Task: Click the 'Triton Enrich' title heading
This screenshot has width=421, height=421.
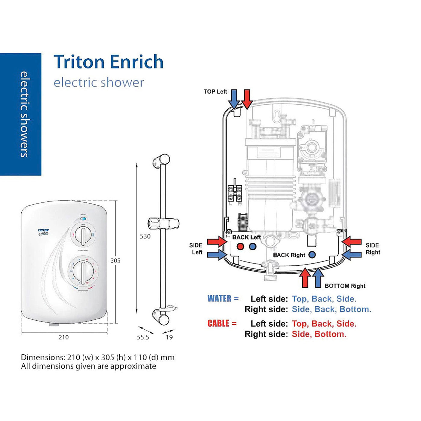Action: [x=108, y=62]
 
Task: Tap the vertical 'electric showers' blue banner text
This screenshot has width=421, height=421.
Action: [x=24, y=114]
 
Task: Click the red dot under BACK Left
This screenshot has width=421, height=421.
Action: [x=240, y=247]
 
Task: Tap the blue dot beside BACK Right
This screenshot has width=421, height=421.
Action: [x=312, y=255]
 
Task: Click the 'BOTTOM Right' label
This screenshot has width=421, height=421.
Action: [x=345, y=286]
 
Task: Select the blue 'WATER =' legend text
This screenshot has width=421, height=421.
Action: [x=223, y=299]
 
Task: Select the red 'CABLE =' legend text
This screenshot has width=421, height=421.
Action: [x=222, y=324]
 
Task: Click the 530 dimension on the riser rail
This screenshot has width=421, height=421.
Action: [x=145, y=236]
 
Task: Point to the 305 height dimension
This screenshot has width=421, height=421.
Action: [x=115, y=261]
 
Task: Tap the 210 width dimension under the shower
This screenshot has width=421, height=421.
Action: [x=63, y=337]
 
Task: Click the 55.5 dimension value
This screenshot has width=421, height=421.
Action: [x=143, y=337]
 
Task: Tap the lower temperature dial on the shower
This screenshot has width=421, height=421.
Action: [x=83, y=270]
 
